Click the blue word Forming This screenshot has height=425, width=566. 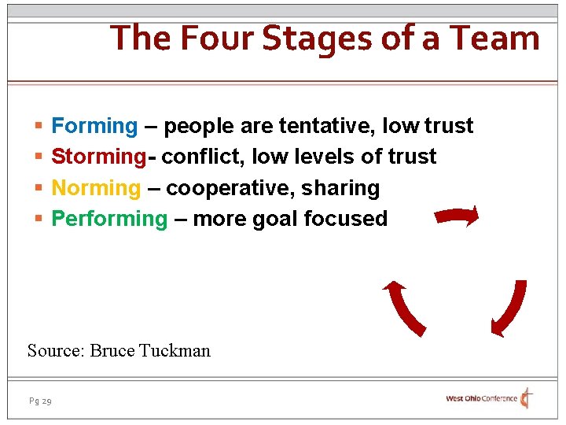point(94,126)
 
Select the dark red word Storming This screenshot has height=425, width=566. point(98,157)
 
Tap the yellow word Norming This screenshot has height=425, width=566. point(95,188)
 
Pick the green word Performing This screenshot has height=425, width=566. point(109,219)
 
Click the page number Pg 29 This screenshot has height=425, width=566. point(40,401)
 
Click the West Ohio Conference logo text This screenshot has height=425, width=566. point(481,399)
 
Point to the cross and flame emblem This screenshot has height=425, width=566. point(527,398)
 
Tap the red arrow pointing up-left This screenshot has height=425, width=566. point(403,308)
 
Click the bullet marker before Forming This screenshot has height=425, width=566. point(39,127)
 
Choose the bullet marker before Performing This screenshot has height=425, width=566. point(39,220)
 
